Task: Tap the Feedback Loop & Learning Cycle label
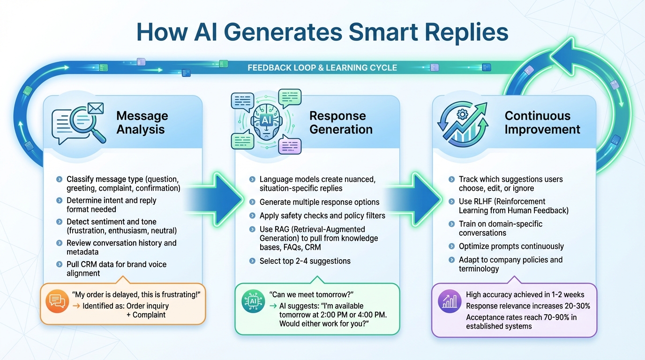(322, 68)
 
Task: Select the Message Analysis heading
(142, 122)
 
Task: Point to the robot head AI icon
(266, 121)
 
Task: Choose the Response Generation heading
(341, 122)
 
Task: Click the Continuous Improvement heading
(542, 122)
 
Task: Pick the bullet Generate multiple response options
(319, 202)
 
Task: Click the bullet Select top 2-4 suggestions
(305, 261)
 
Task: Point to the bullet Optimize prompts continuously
(511, 246)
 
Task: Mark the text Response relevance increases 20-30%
(528, 306)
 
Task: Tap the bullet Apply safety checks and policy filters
(322, 216)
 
